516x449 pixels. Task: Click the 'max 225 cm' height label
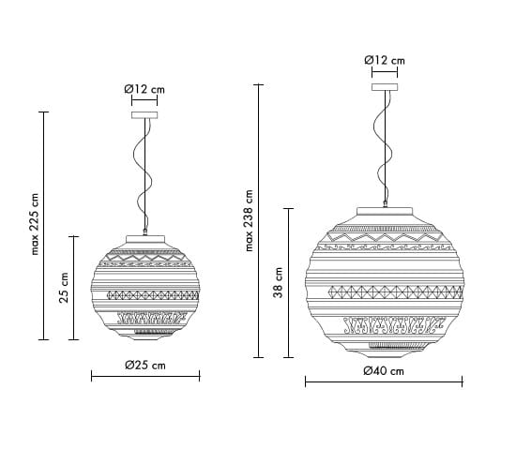(35, 224)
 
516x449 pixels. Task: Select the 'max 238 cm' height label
(250, 220)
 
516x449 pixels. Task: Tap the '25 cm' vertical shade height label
(64, 288)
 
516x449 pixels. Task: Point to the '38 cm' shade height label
(278, 283)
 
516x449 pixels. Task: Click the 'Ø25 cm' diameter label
(145, 365)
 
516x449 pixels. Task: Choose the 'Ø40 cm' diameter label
(384, 371)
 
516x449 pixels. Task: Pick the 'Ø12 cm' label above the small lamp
(144, 89)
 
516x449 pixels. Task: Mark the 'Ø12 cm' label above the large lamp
(385, 60)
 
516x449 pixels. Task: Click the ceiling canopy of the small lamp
(144, 115)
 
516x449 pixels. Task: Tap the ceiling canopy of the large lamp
(385, 87)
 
